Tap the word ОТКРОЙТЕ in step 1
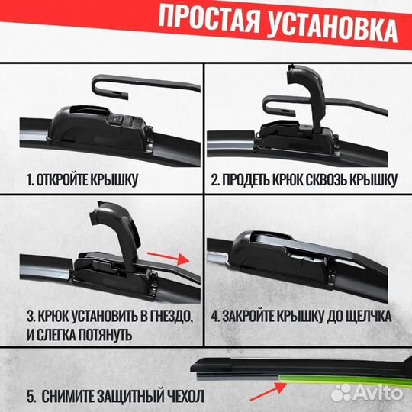pyautogui.click(x=71, y=181)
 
